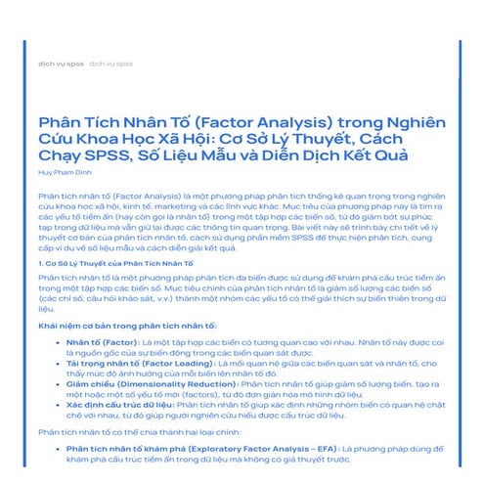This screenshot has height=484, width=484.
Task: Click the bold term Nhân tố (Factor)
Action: (101, 343)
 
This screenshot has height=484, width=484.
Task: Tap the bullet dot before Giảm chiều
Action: (57, 385)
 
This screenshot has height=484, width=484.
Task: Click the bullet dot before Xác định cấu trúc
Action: (57, 402)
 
